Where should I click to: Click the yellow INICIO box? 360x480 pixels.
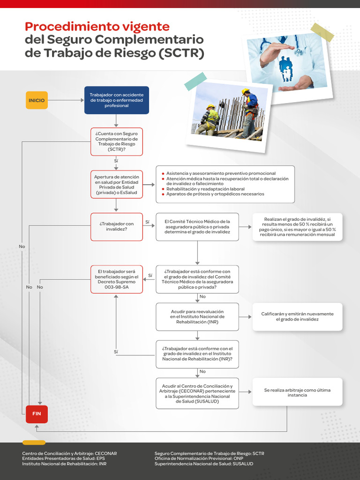tap(37, 100)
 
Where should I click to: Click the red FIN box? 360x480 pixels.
tap(37, 414)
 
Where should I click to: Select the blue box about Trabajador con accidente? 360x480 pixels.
tap(116, 100)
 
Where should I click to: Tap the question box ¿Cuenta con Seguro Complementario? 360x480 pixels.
tap(116, 142)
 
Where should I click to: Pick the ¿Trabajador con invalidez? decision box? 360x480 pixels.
tap(116, 227)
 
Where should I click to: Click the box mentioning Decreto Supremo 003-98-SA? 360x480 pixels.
tap(116, 279)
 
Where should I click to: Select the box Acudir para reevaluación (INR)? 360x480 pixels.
tap(197, 317)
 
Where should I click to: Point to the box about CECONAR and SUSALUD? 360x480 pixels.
tap(197, 393)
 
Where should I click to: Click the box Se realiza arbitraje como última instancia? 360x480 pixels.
tap(297, 392)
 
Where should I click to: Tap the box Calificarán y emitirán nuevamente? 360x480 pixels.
tap(297, 316)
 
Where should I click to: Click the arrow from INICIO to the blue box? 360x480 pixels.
tap(66, 100)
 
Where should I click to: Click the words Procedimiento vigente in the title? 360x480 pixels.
tap(97, 26)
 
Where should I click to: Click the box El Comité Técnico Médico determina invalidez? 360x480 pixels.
tap(197, 227)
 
